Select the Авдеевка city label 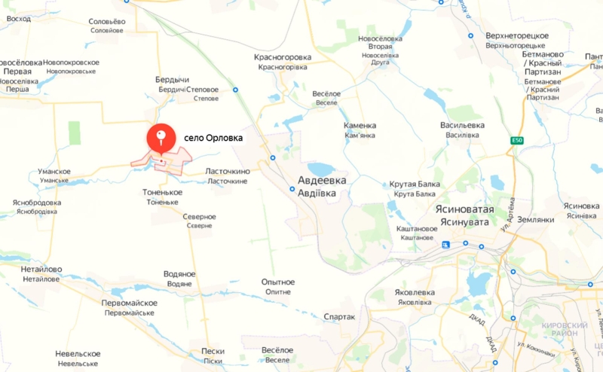click(x=322, y=181)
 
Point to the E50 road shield click(x=516, y=141)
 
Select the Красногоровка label click(x=283, y=57)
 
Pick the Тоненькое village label click(x=162, y=193)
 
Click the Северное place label click(x=199, y=217)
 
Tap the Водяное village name click(x=179, y=274)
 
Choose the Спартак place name click(x=338, y=317)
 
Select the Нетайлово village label click(x=41, y=269)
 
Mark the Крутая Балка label click(x=414, y=184)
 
